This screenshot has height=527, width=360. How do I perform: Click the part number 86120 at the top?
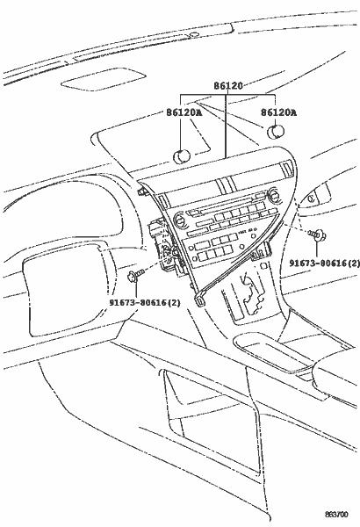[228, 86]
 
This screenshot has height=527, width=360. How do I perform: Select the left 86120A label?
[184, 112]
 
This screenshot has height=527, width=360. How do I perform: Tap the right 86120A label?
[278, 112]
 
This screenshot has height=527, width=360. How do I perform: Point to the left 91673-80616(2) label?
[145, 303]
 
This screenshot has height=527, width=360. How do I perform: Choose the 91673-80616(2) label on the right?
[324, 263]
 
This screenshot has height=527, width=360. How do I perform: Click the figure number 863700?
[336, 515]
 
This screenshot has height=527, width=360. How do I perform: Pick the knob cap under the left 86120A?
[182, 156]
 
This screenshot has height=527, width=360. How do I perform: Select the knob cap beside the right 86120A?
[276, 132]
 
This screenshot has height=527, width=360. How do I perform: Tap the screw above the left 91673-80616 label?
[135, 275]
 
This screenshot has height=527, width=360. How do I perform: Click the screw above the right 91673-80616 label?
[317, 235]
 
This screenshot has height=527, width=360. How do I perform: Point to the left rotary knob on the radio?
[179, 220]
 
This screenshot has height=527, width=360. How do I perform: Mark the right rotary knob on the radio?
[273, 195]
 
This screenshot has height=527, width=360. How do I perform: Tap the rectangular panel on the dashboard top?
[104, 79]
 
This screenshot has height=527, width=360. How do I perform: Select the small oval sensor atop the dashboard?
[194, 34]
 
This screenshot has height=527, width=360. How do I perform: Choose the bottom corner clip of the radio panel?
[199, 300]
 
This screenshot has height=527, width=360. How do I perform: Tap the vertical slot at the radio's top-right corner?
[288, 169]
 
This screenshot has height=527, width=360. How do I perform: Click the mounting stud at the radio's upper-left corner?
[142, 192]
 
